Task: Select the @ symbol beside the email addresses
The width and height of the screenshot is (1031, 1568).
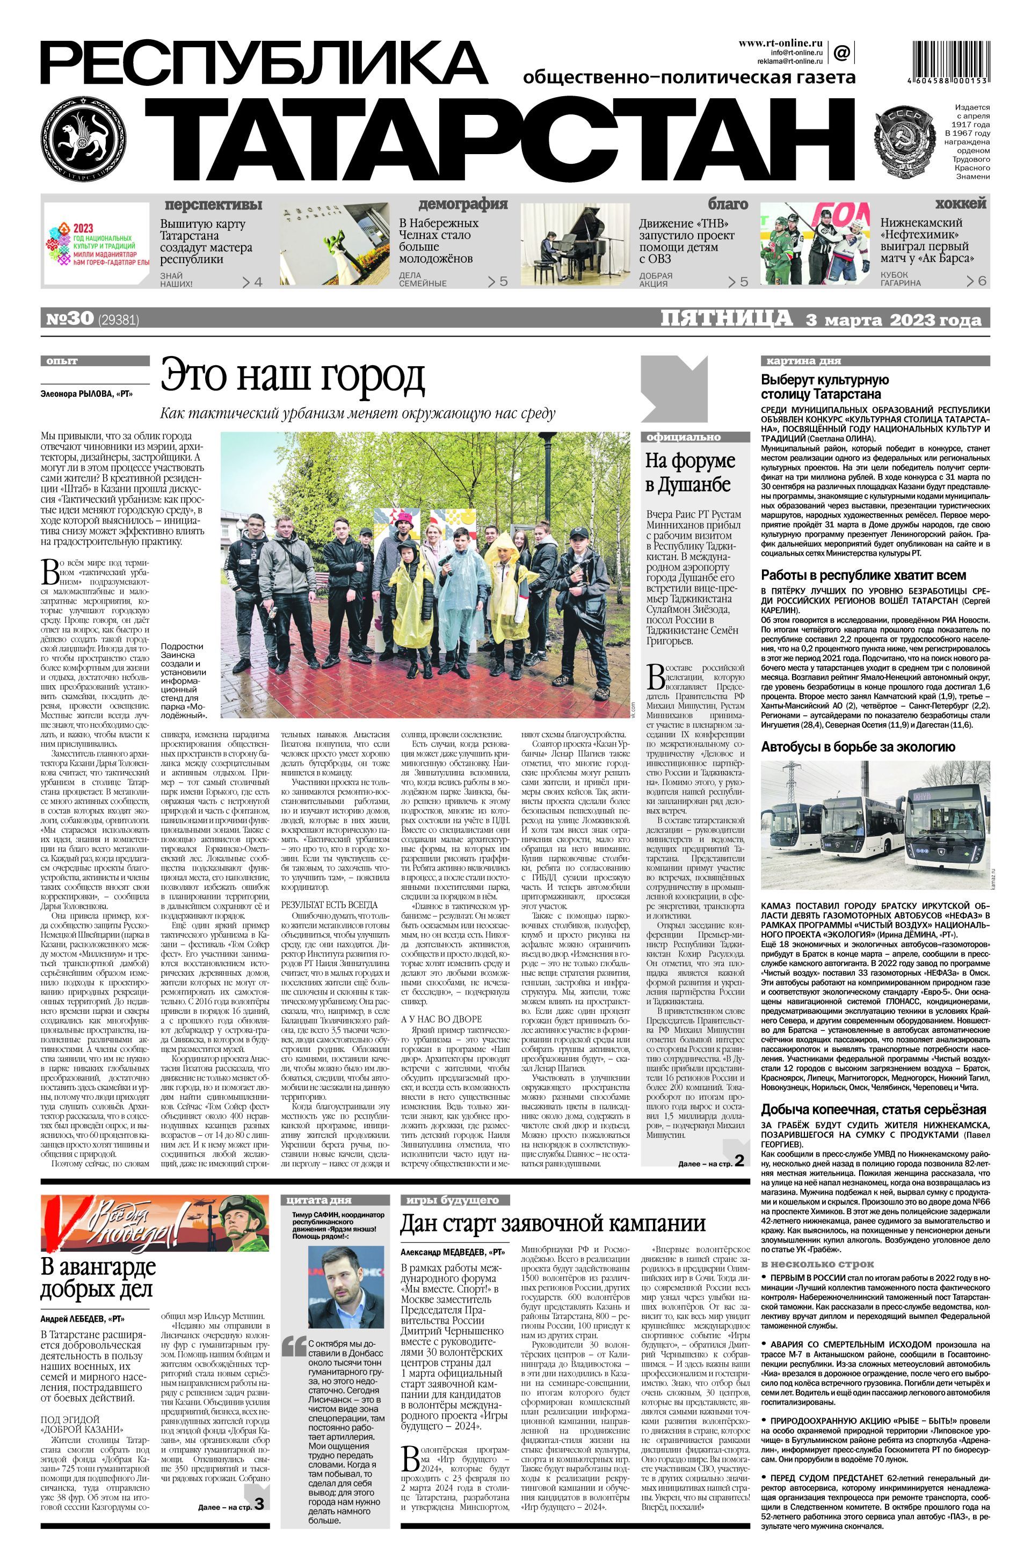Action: click(841, 52)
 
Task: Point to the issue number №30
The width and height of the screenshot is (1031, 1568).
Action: click(70, 319)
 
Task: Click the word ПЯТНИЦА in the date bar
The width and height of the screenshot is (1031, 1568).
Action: click(726, 318)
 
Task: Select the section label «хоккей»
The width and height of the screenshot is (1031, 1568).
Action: click(961, 203)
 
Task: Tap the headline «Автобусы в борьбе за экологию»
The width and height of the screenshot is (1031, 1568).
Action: click(858, 746)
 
